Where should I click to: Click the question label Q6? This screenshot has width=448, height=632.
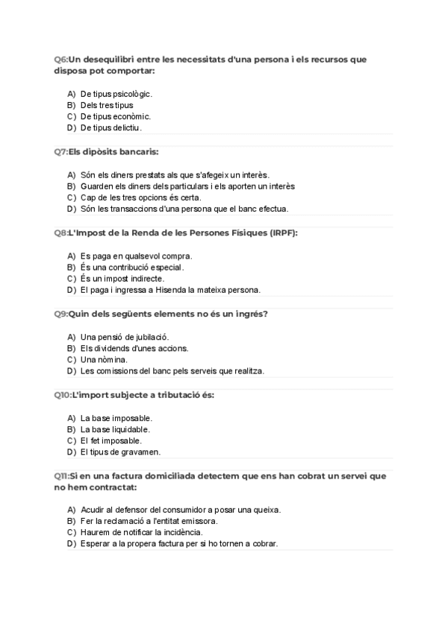click(60, 59)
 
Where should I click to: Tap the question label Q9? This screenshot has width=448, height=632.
click(60, 314)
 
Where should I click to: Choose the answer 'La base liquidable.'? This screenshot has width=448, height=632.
click(116, 429)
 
